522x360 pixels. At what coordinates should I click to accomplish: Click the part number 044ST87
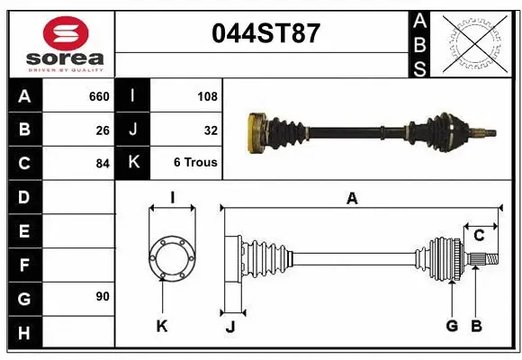265,33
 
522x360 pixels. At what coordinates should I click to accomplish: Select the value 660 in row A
99,96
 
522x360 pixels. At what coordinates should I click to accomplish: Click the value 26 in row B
103,130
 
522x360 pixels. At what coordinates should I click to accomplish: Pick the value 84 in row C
103,164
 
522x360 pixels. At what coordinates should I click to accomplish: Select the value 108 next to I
207,96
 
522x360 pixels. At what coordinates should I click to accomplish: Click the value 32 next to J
211,130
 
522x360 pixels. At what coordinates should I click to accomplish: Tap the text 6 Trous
195,163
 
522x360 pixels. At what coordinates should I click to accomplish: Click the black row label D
23,197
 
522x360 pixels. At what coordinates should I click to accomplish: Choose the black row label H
23,334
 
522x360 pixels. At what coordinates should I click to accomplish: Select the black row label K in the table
132,163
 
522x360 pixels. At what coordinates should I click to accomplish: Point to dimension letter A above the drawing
352,199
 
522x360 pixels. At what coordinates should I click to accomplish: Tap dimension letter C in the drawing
479,236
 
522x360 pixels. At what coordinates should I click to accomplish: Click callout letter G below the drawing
452,326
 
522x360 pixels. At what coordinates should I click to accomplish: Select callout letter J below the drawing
229,328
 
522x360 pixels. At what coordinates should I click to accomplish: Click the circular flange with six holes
170,257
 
